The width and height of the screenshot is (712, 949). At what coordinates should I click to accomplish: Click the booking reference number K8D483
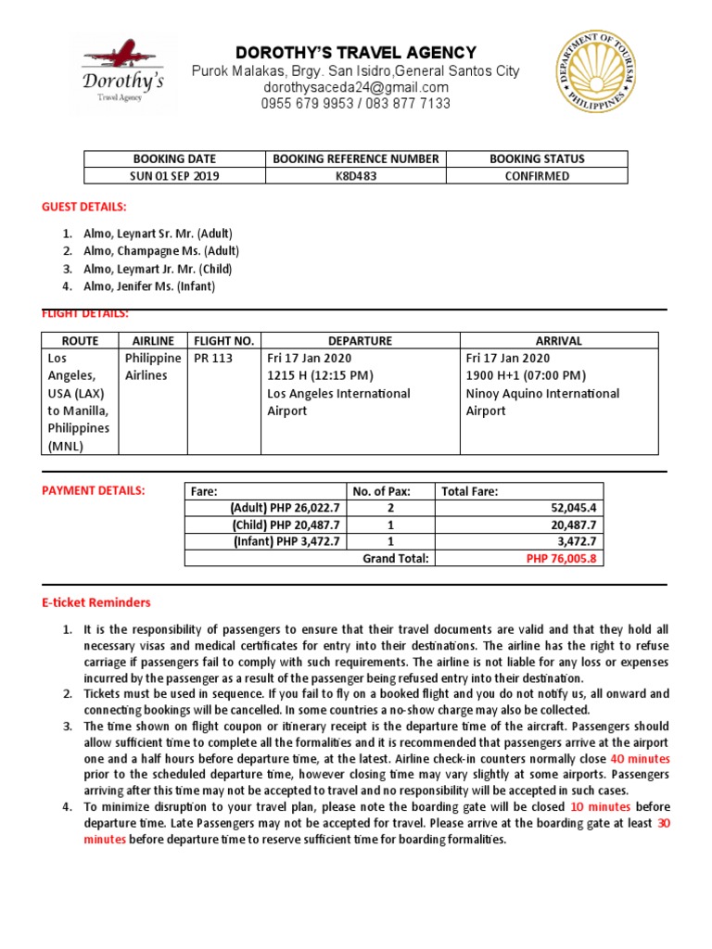click(356, 176)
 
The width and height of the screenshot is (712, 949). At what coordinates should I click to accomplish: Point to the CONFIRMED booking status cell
click(537, 176)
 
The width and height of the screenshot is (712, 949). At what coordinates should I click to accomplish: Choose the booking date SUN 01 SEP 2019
click(174, 176)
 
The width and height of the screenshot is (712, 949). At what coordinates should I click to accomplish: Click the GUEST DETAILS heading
click(83, 206)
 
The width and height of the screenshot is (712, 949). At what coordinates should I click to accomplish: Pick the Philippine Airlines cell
click(153, 367)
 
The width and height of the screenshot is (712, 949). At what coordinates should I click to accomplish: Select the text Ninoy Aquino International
click(542, 393)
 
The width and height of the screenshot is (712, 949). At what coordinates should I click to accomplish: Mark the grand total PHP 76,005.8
click(562, 559)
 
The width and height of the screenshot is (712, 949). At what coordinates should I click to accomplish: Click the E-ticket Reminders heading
click(95, 602)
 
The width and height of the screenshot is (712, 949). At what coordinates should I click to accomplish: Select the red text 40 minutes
click(640, 758)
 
